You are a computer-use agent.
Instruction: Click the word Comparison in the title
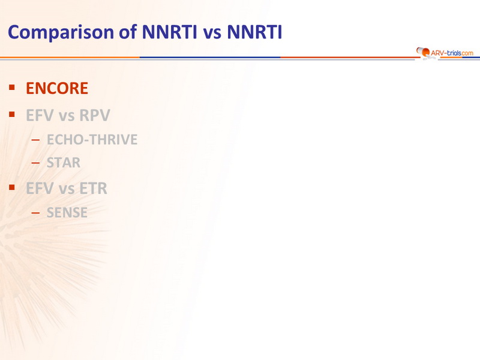coord(61,32)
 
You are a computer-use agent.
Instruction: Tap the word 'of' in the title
coord(128,32)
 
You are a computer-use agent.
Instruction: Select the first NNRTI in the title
coord(169,32)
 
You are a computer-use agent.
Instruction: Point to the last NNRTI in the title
coord(254,32)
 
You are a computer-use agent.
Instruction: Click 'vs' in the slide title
coord(212,34)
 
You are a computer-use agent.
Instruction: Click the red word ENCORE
coord(57,88)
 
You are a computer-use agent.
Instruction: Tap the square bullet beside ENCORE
coord(12,88)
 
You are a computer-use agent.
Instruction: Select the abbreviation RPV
coord(95,115)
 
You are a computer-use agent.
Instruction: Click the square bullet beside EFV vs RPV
coord(12,115)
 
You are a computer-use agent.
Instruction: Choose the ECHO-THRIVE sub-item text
coord(92,140)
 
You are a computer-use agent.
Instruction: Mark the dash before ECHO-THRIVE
coord(35,140)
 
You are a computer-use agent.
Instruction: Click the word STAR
coord(64,163)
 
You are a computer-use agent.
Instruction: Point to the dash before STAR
coord(35,163)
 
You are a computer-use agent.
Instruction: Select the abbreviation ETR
coord(94,188)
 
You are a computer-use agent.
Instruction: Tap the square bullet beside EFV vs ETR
coord(12,187)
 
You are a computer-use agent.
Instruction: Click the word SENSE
coord(67,212)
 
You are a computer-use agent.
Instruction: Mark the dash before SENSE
coord(35,213)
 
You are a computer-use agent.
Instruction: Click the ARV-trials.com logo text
coord(452,53)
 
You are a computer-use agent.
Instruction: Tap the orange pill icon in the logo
coord(423,52)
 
